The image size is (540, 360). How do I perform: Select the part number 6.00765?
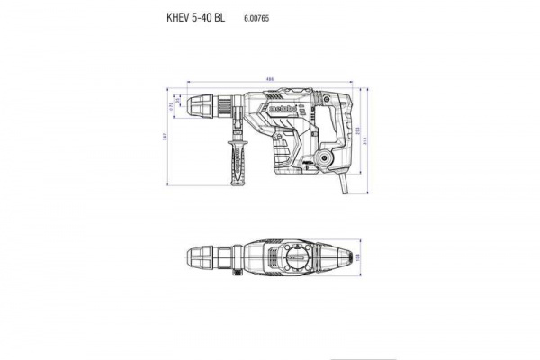coord(257,17)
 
